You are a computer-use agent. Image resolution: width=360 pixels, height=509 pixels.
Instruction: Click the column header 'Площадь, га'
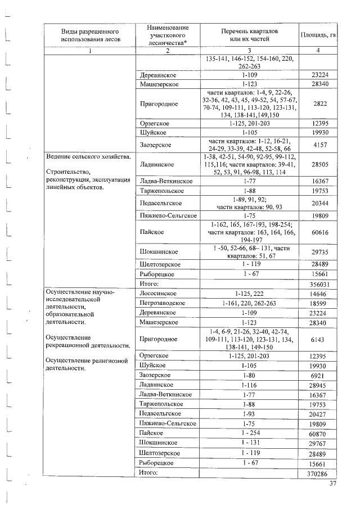coord(318,35)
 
